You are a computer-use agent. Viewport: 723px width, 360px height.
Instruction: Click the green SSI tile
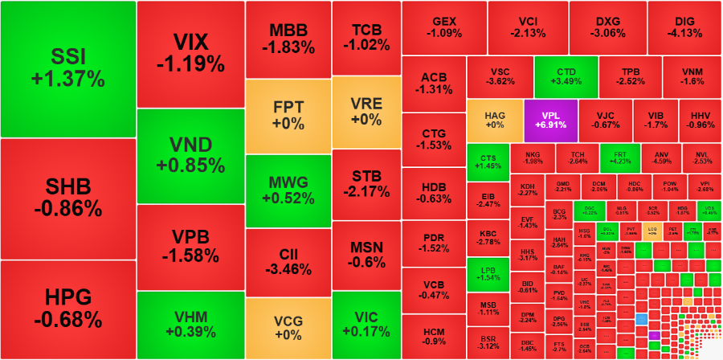(x=68, y=68)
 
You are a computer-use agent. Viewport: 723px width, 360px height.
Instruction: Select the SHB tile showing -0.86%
(x=68, y=198)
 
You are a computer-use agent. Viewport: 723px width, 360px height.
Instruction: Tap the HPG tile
(x=68, y=309)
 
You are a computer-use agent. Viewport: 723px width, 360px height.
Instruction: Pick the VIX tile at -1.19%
(x=190, y=53)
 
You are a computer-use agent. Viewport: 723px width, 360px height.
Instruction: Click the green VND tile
(x=190, y=155)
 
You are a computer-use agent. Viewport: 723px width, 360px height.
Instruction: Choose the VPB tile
(x=190, y=247)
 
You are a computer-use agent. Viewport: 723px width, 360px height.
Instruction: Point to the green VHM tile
(x=190, y=325)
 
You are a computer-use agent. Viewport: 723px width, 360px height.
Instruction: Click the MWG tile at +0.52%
(x=288, y=191)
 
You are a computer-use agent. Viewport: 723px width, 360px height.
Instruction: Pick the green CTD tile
(x=566, y=76)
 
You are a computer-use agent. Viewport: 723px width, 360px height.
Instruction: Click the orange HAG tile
(x=494, y=120)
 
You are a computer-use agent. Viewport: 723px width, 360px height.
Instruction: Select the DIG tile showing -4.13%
(x=684, y=27)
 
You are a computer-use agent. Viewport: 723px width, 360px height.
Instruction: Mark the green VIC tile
(x=366, y=325)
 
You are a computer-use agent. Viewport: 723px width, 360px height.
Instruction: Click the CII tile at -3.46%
(x=288, y=262)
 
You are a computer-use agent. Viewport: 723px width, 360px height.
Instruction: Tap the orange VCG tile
(x=288, y=328)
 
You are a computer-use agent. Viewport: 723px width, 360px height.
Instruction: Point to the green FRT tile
(x=619, y=157)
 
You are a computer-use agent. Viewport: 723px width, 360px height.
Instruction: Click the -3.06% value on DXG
(x=607, y=34)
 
